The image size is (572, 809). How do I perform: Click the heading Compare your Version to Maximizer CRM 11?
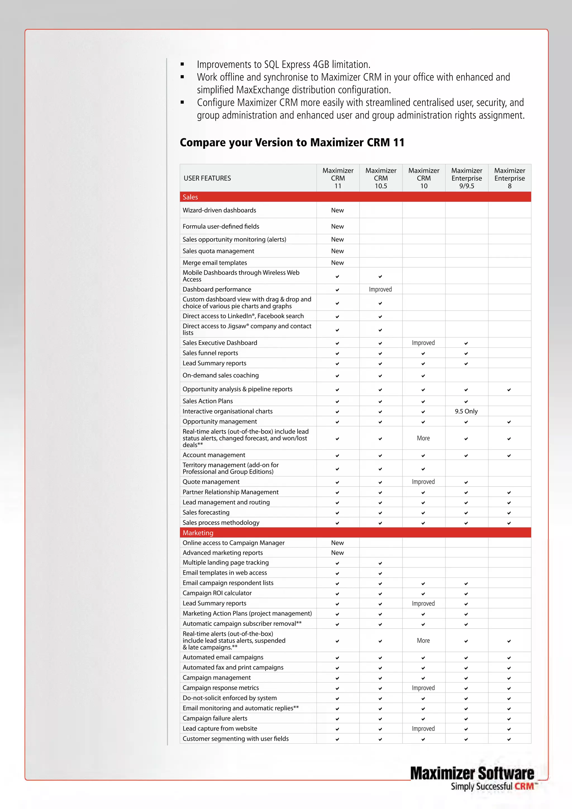point(292,142)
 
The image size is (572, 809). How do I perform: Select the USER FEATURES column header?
point(207,178)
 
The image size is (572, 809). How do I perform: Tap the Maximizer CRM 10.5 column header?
point(381,178)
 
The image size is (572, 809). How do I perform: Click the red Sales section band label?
point(190,197)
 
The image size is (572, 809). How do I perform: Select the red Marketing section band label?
point(198,533)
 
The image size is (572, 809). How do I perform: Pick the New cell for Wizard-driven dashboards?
point(337,210)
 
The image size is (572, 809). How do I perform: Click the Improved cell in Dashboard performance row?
point(380,289)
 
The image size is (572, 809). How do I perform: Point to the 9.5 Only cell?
point(466,411)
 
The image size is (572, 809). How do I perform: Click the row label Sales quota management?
point(218,251)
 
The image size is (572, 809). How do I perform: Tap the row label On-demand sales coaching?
point(220,375)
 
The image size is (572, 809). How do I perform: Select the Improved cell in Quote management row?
point(423,482)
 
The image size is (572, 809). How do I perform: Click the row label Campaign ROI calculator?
point(217,593)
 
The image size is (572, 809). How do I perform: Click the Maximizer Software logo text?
point(472,774)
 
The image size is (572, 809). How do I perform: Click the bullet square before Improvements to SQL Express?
point(182,65)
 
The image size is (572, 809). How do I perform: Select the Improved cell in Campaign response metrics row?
point(423,688)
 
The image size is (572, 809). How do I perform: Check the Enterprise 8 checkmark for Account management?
point(509,455)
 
